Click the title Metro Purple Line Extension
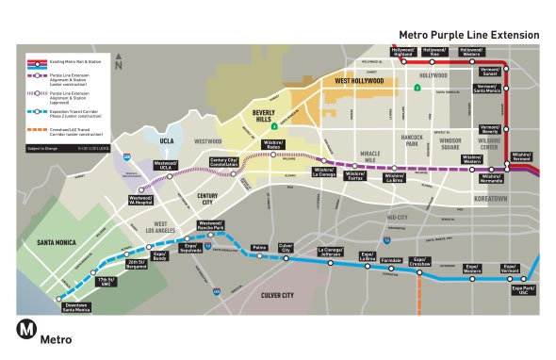coord(467,35)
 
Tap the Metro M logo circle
coord(26,331)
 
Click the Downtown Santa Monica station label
coord(77,306)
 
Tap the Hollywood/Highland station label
coord(404,52)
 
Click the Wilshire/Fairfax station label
coord(355,175)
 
